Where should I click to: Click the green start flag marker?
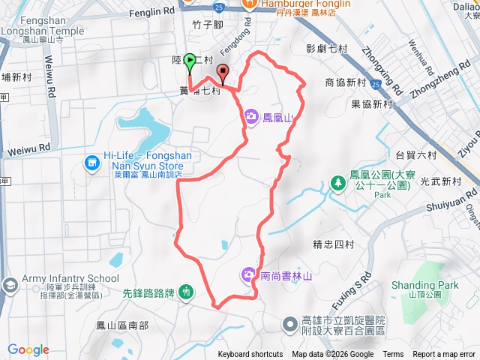(190, 61)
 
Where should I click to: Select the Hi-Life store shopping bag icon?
(91, 162)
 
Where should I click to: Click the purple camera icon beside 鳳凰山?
(250, 116)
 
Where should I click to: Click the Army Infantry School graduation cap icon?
(10, 285)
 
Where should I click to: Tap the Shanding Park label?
(424, 285)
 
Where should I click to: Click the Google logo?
(28, 349)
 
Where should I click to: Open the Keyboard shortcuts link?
(250, 355)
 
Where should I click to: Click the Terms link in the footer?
(392, 355)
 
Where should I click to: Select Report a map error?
(445, 355)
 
